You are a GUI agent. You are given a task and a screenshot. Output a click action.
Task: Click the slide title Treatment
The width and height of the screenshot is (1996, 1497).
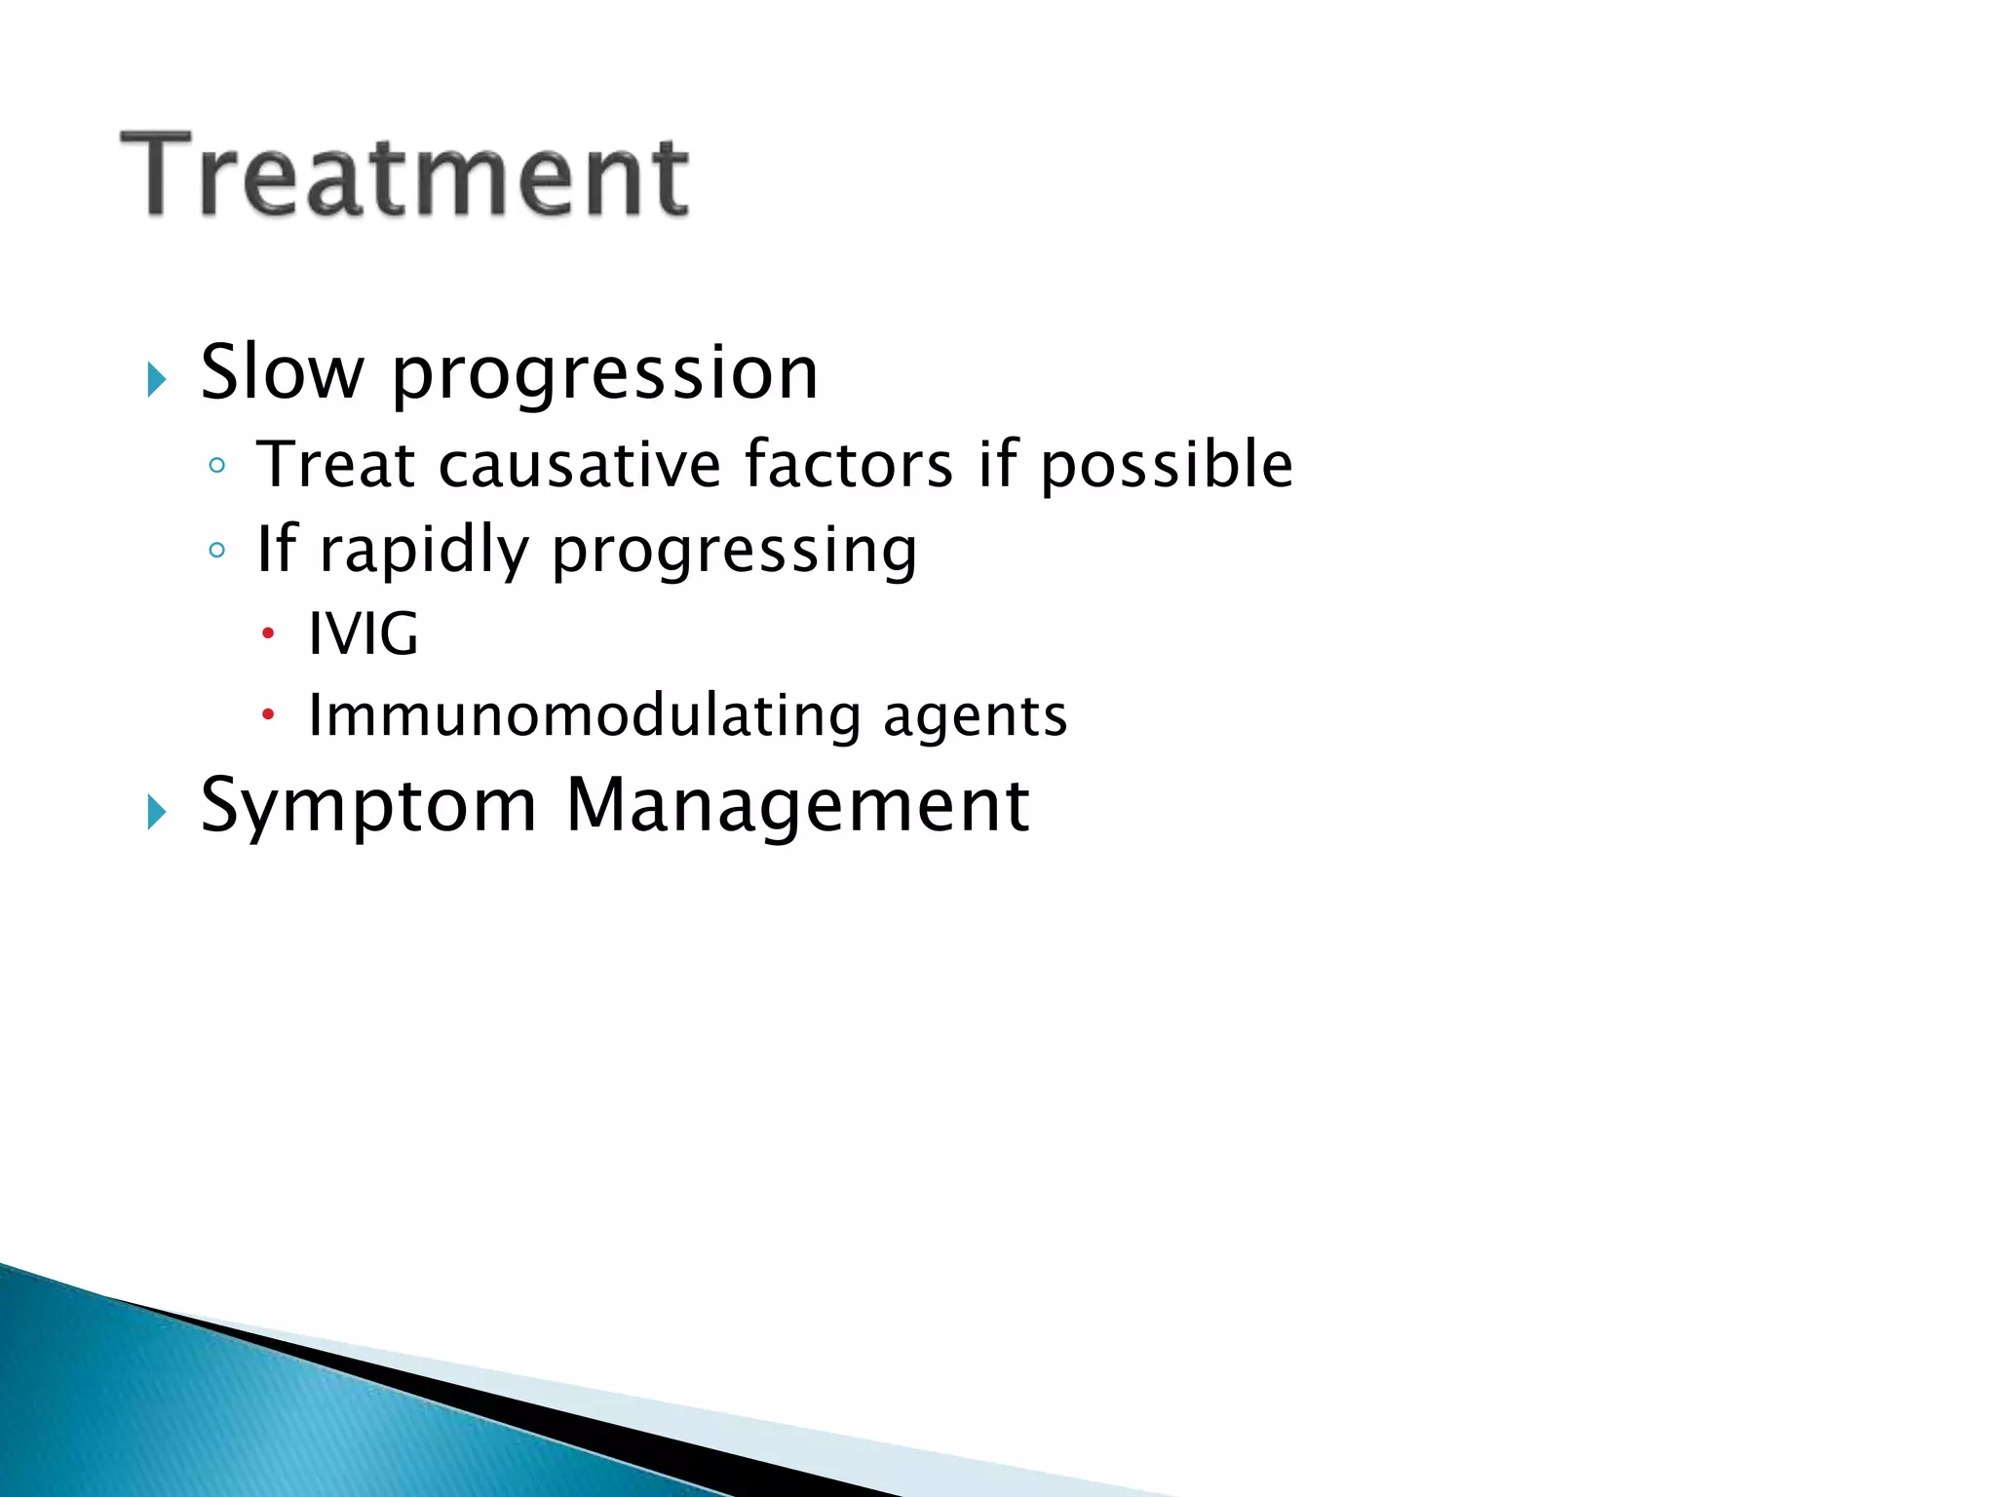pos(404,175)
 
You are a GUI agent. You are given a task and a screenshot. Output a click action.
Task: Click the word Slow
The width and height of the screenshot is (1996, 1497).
pos(282,372)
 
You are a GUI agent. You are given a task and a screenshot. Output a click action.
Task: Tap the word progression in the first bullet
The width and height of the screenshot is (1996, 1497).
pos(604,375)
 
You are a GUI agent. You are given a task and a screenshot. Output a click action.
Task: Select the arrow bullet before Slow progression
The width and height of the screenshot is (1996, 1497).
pos(156,379)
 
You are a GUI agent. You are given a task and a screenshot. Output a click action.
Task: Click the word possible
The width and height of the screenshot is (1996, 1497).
pos(1166,466)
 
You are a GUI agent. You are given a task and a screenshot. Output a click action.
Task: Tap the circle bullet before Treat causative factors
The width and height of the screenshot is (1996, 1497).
pos(216,466)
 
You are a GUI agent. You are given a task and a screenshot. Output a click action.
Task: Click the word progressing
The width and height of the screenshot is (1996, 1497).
pos(734,553)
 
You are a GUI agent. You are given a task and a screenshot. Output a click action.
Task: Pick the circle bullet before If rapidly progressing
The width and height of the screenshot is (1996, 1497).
pos(216,551)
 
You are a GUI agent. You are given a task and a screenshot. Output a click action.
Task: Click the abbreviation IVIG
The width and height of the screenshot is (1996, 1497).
pos(363,633)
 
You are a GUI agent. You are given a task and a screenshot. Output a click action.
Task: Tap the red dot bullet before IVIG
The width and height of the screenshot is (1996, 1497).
pos(268,634)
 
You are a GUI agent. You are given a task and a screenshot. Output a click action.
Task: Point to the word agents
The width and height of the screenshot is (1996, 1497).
pos(975,719)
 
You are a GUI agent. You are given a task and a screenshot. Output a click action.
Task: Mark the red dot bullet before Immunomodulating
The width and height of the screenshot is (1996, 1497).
pos(268,716)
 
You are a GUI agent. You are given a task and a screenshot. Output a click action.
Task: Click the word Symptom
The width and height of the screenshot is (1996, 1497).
pos(368,807)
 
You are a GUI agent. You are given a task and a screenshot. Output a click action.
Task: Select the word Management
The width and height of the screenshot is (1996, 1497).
pos(797,807)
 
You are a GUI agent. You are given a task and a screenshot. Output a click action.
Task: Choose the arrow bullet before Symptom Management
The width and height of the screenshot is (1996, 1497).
pos(156,812)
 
